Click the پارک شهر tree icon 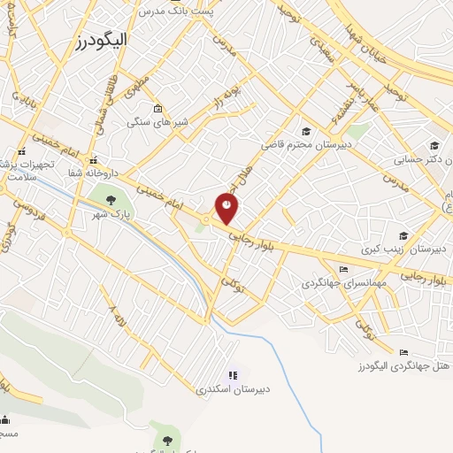(x=111, y=199)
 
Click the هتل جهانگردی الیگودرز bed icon (x=404, y=353)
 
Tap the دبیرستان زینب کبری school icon (x=403, y=236)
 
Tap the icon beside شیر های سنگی (x=157, y=109)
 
